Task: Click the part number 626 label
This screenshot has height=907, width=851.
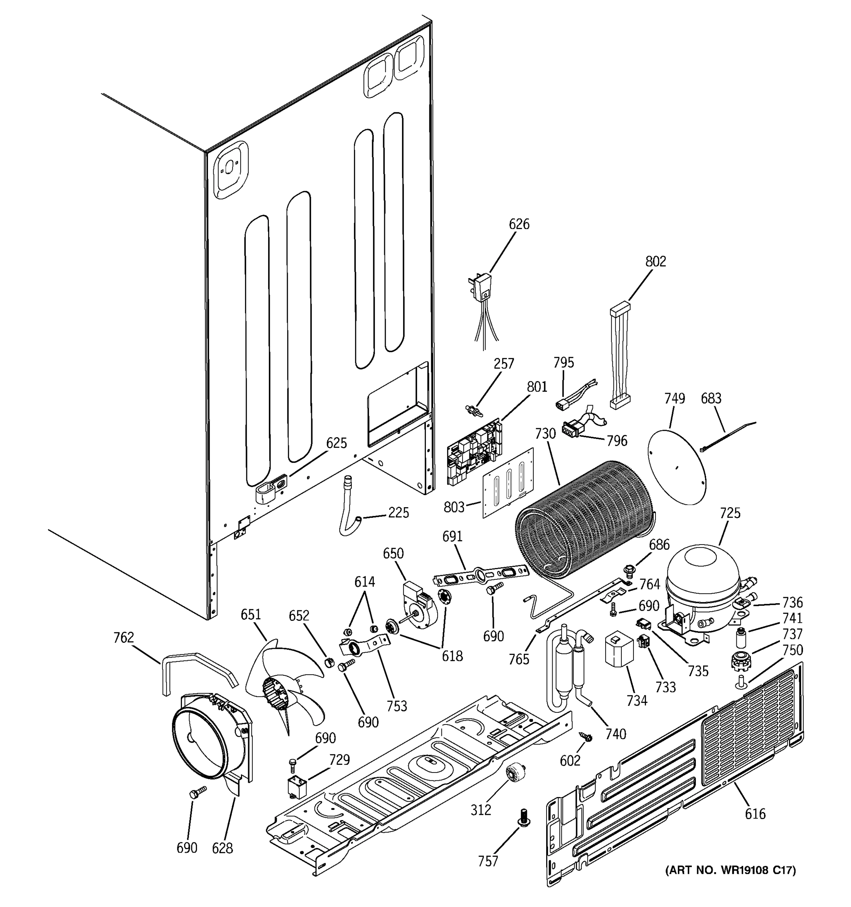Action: pyautogui.click(x=519, y=224)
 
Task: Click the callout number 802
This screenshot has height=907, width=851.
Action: pyautogui.click(x=655, y=262)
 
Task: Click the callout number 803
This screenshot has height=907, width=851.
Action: pyautogui.click(x=454, y=507)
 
